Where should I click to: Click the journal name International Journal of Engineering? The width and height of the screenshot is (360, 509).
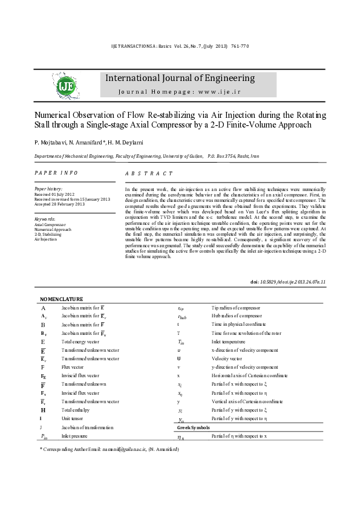click(x=180, y=78)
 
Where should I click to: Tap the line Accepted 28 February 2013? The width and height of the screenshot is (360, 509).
click(x=61, y=204)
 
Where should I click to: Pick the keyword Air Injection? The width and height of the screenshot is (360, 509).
click(x=44, y=239)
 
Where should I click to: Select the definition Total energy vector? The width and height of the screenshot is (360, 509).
click(x=80, y=342)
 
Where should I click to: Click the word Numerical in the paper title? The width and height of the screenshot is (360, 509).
click(x=50, y=115)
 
